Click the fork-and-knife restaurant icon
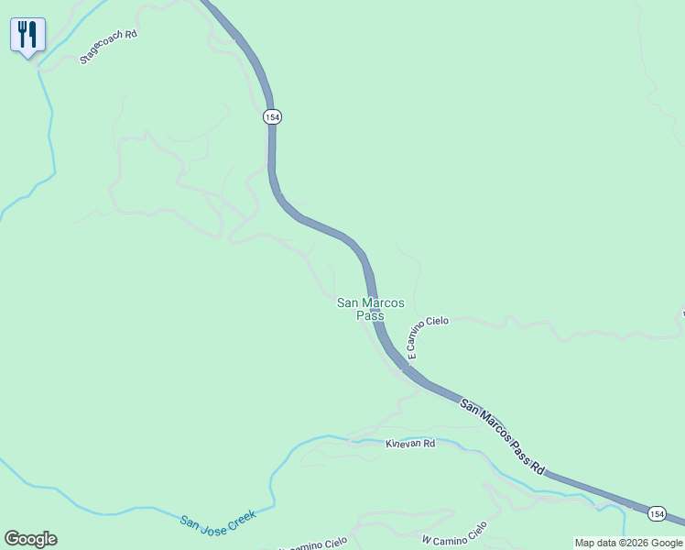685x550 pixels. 27,36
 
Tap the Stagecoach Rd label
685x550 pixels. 108,46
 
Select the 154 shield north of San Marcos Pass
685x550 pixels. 272,117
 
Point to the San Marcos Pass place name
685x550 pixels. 371,309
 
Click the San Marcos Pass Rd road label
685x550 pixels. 503,436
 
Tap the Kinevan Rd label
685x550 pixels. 409,444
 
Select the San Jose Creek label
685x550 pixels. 218,518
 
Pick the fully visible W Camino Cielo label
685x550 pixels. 454,533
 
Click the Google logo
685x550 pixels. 30,539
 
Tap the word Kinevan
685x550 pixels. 404,444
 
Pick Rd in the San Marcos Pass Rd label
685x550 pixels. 538,467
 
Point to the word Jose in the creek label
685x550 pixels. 212,520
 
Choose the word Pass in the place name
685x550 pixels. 371,315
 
